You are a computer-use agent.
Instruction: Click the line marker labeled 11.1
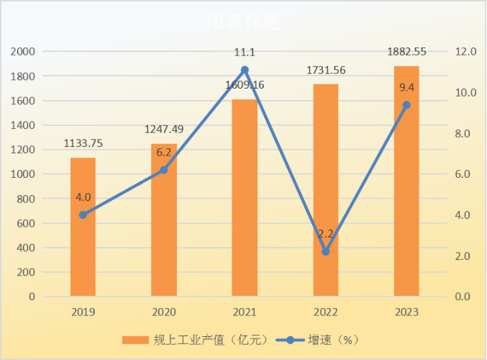click(x=245, y=70)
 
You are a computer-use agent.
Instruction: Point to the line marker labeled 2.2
click(x=326, y=252)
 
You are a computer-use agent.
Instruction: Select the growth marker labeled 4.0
click(x=83, y=215)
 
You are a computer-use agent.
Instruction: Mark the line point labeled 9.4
click(x=406, y=105)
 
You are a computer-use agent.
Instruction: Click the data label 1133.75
click(x=82, y=143)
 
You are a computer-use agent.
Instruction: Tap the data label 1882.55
click(x=406, y=51)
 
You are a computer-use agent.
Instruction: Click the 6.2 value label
click(x=163, y=152)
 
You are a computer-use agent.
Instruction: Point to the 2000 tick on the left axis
click(x=24, y=52)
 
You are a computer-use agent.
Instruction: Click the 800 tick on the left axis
click(x=27, y=199)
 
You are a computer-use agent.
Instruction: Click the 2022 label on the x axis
click(x=326, y=312)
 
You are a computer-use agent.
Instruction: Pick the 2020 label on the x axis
click(x=163, y=312)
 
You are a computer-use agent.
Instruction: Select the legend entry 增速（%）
click(x=327, y=339)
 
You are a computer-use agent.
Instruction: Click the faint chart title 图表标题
click(x=243, y=22)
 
